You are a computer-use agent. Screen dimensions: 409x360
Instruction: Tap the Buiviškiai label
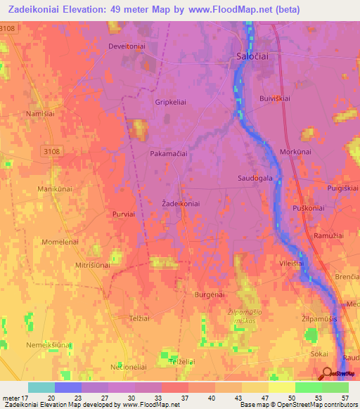click(x=275, y=99)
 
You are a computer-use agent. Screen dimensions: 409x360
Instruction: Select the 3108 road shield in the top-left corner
click(x=7, y=28)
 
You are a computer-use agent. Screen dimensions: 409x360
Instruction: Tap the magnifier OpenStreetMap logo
click(x=327, y=374)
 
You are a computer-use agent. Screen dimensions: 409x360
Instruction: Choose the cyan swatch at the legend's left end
click(x=41, y=387)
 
